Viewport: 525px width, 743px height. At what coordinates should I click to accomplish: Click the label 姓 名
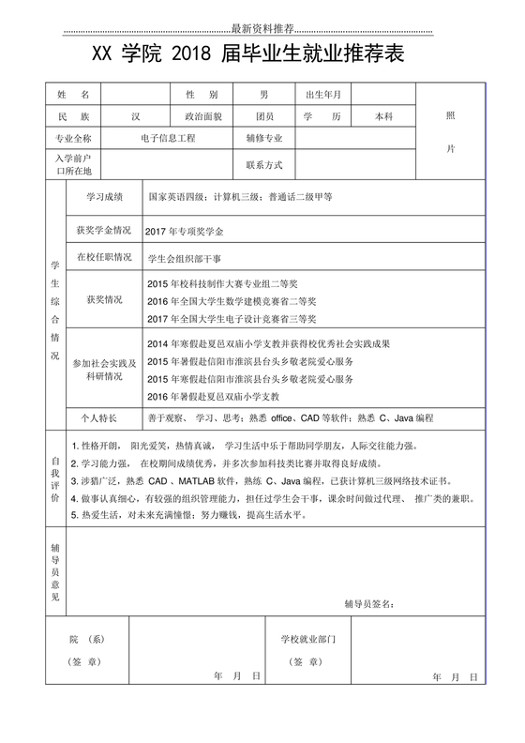[73, 95]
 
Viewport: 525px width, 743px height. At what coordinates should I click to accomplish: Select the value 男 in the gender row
[264, 95]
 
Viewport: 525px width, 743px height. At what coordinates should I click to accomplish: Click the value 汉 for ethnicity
[136, 116]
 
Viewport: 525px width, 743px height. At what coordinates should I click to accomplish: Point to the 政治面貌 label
[202, 116]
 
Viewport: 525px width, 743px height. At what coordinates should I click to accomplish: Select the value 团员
[264, 116]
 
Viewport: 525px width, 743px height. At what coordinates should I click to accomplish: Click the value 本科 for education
[383, 116]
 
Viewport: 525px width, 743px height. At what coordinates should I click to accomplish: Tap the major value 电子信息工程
[168, 138]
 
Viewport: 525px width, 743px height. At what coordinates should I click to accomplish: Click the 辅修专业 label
[264, 138]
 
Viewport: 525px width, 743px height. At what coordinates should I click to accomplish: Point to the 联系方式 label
[264, 164]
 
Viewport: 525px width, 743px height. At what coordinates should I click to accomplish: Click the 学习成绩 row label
[104, 198]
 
